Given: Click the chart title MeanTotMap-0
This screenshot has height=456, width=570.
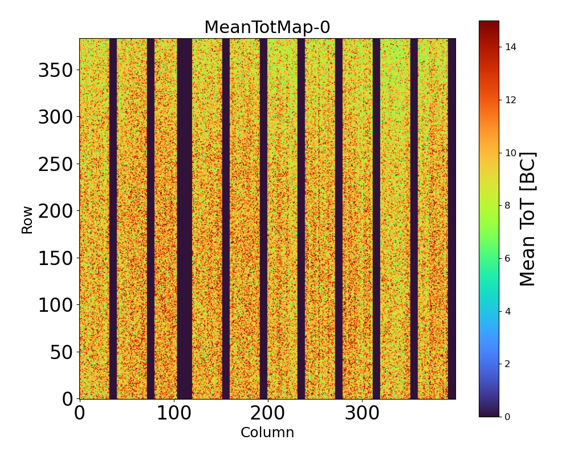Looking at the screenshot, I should coord(267,27).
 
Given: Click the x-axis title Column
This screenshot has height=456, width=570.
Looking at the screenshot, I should coord(267,433).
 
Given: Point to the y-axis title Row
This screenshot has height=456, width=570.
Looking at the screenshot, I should coord(27,219).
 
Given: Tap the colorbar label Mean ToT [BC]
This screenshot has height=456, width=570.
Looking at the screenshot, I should coord(528,219).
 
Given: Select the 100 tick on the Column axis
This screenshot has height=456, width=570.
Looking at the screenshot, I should coord(173,414).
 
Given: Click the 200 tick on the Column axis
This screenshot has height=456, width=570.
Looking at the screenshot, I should coord(267,414).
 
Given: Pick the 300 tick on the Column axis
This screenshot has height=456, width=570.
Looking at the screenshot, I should coord(361,414).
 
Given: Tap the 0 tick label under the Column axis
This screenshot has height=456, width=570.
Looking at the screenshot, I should coord(79,414).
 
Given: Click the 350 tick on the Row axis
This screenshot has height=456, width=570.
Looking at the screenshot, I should coord(55,71).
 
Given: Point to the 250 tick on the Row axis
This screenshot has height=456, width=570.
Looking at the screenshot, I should coord(55,165).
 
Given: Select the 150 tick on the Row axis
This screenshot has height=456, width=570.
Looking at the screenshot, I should coord(55,258).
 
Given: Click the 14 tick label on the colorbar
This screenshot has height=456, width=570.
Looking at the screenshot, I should coord(510,47).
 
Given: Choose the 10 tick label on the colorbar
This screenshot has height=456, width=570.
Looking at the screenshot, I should coord(510,153).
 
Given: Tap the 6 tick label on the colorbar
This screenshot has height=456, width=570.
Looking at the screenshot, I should coord(507,258).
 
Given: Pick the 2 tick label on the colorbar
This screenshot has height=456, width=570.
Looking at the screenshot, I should coord(507,364).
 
